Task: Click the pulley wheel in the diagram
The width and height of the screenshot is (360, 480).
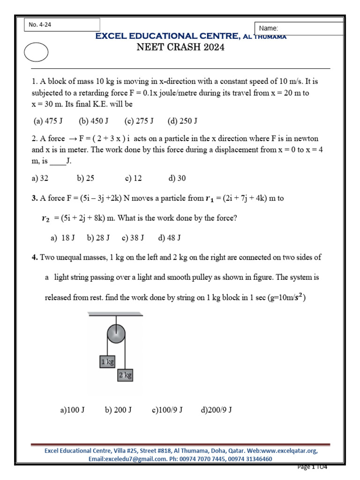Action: click(116, 334)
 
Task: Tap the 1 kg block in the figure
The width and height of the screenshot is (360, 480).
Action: click(107, 361)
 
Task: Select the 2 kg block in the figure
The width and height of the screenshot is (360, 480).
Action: click(125, 375)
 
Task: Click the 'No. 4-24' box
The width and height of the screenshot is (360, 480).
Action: click(62, 25)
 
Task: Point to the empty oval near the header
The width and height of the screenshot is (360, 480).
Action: click(36, 52)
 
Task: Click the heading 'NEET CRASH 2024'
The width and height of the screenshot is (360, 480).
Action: click(180, 47)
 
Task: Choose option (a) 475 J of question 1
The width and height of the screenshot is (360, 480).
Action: click(48, 121)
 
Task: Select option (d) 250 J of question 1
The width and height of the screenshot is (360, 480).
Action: click(182, 121)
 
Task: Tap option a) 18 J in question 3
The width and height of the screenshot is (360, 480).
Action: click(63, 238)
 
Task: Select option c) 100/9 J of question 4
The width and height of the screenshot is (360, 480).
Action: click(167, 410)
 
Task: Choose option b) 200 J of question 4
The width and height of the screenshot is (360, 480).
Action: click(118, 410)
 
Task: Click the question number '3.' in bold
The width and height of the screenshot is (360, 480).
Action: click(35, 198)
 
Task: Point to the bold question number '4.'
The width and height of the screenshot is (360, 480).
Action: click(35, 257)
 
